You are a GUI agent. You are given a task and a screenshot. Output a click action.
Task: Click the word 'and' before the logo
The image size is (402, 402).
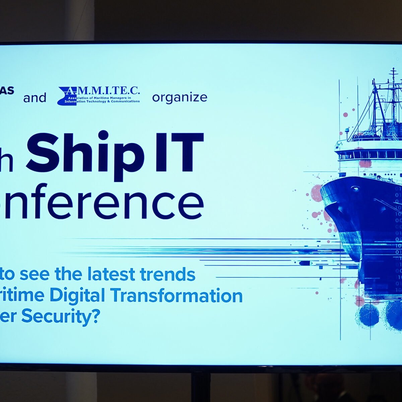[x=35, y=98]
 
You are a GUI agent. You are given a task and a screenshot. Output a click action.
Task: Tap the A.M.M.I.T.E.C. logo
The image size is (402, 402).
[x=99, y=96]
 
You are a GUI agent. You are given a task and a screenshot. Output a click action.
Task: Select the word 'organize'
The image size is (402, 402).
[x=180, y=97]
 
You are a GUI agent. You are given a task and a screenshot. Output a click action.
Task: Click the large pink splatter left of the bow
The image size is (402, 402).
[x=316, y=193]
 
